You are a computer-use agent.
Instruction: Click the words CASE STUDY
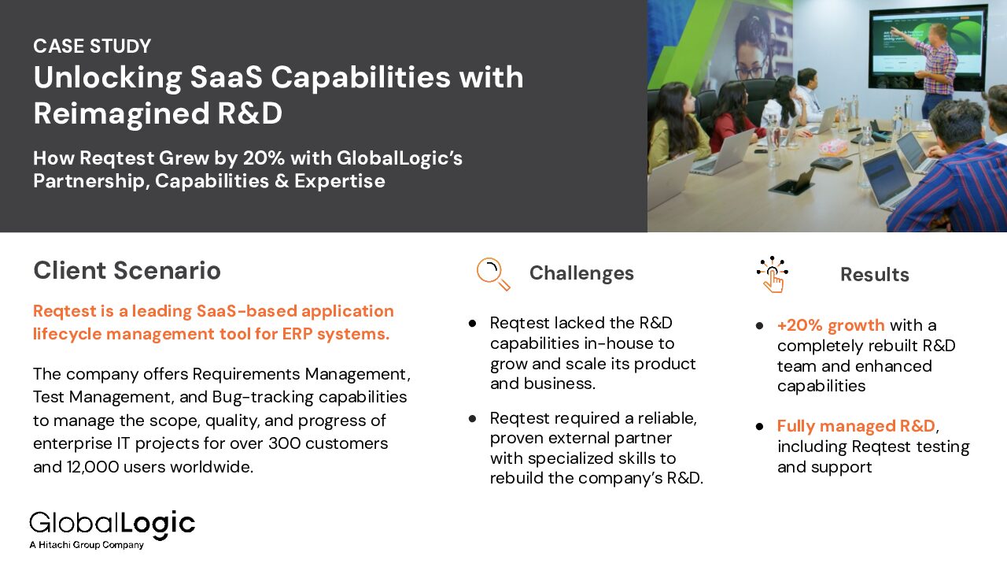pyautogui.click(x=92, y=46)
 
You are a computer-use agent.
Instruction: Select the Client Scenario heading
pyautogui.click(x=127, y=270)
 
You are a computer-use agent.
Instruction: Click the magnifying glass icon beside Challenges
pyautogui.click(x=493, y=273)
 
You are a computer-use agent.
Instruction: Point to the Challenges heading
pyautogui.click(x=581, y=273)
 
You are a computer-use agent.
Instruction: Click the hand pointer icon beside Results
pyautogui.click(x=773, y=275)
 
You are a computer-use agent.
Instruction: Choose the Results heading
pyautogui.click(x=875, y=275)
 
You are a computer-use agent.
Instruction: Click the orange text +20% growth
pyautogui.click(x=831, y=325)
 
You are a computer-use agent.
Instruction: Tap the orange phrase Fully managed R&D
pyautogui.click(x=857, y=426)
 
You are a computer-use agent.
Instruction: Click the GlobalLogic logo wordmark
pyautogui.click(x=113, y=524)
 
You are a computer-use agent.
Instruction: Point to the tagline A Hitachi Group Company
pyautogui.click(x=87, y=545)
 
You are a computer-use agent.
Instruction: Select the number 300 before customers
pyautogui.click(x=285, y=443)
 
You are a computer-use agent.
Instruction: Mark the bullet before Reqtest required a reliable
pyautogui.click(x=472, y=419)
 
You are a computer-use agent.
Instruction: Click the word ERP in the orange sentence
pyautogui.click(x=297, y=334)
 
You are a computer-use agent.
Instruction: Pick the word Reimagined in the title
pyautogui.click(x=121, y=113)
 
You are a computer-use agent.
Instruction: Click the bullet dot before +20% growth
pyautogui.click(x=760, y=326)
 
